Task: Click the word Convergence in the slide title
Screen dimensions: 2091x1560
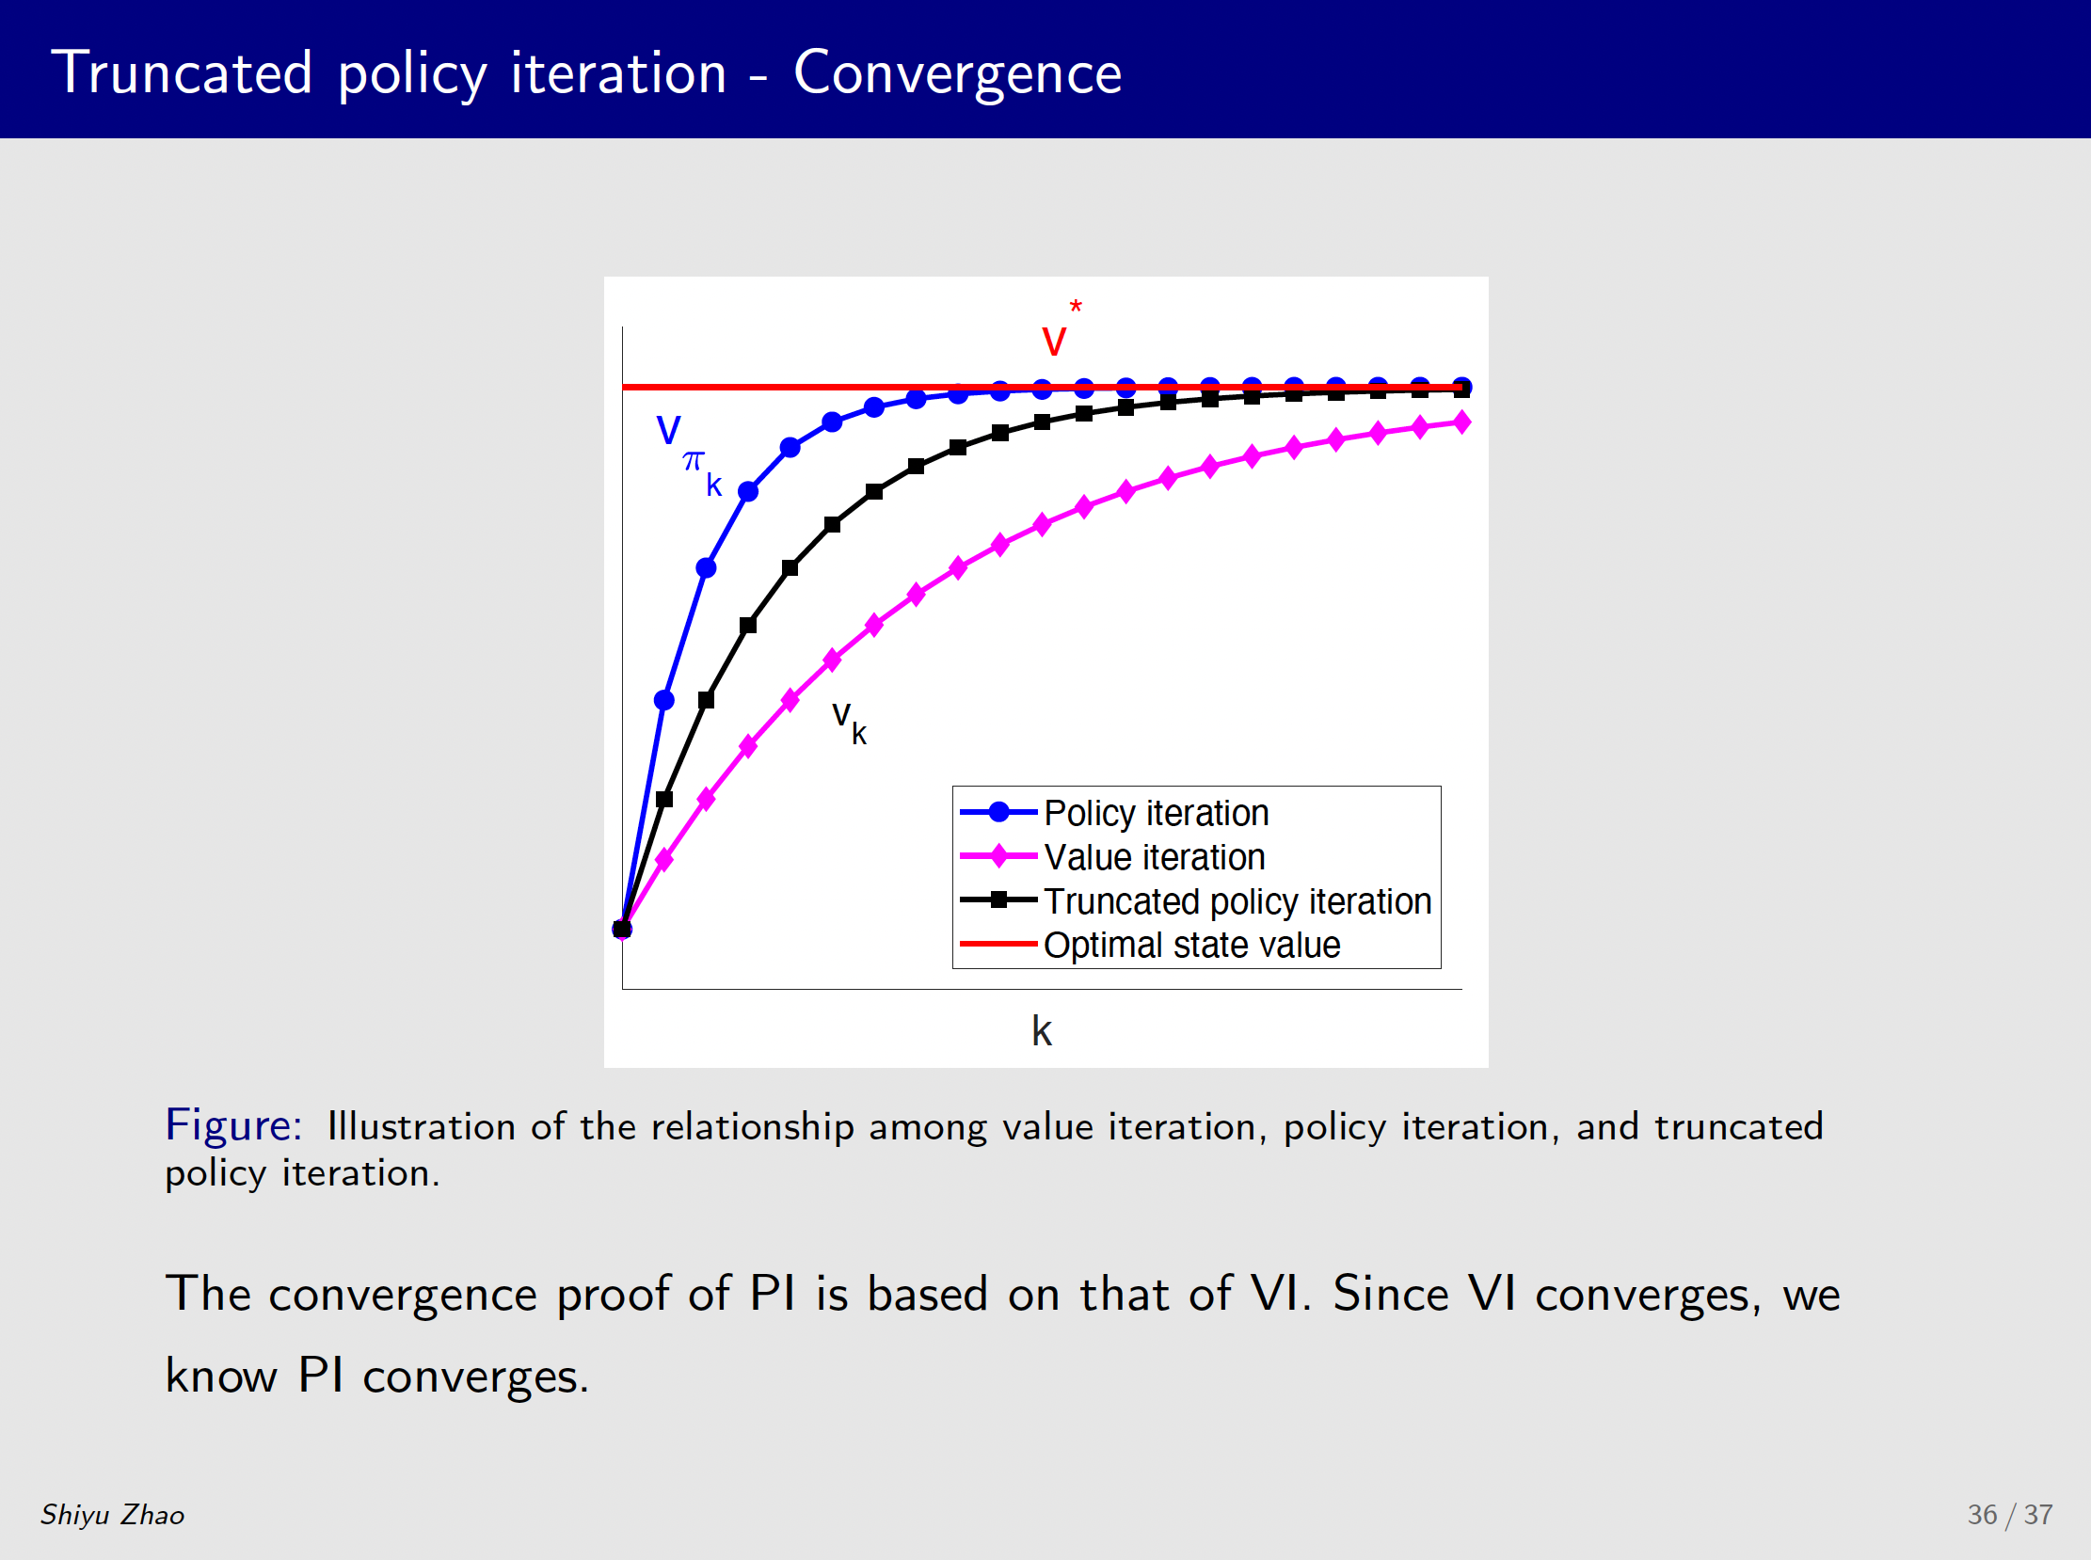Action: pyautogui.click(x=958, y=73)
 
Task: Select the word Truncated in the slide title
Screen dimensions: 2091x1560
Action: pyautogui.click(x=182, y=72)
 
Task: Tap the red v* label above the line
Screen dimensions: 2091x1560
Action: pyautogui.click(x=1061, y=328)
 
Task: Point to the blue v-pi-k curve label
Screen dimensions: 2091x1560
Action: pyautogui.click(x=689, y=454)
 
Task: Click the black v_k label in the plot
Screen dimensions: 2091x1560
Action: pyautogui.click(x=849, y=723)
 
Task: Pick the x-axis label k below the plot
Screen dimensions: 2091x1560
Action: pyautogui.click(x=1041, y=1030)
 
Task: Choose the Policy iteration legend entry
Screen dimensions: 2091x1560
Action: pyautogui.click(x=1156, y=813)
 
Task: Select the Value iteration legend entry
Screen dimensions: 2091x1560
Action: pyautogui.click(x=1154, y=857)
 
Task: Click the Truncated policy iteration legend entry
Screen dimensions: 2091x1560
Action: pyautogui.click(x=1237, y=901)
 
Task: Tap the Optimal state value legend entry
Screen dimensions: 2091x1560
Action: pyautogui.click(x=1192, y=946)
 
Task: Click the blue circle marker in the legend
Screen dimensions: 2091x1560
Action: pyautogui.click(x=998, y=812)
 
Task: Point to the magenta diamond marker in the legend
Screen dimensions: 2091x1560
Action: pyautogui.click(x=998, y=856)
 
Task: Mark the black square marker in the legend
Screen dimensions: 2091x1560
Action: pyautogui.click(x=998, y=899)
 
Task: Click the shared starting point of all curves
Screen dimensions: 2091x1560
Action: pyautogui.click(x=621, y=930)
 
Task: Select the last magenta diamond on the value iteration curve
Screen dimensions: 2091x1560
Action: pyautogui.click(x=1462, y=422)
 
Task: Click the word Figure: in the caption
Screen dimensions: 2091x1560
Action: pyautogui.click(x=233, y=1125)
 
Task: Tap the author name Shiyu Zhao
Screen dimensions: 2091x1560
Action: pyautogui.click(x=112, y=1515)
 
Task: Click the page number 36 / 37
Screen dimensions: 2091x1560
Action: pyautogui.click(x=2010, y=1515)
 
